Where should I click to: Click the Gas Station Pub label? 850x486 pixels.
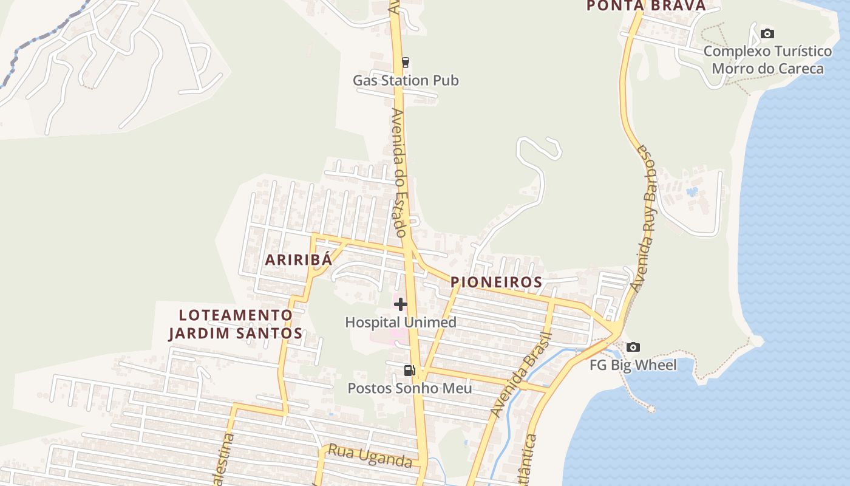406,80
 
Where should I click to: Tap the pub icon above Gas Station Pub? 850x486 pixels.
405,62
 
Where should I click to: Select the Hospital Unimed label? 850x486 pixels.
401,322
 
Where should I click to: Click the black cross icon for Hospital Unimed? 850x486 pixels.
401,304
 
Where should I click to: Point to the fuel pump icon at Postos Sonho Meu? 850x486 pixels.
410,370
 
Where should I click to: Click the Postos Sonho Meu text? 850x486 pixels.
409,388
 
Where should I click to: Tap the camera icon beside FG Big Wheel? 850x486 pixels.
633,347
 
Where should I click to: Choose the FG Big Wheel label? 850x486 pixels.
633,365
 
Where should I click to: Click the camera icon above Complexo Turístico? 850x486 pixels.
767,33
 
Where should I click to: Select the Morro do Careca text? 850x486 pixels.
767,68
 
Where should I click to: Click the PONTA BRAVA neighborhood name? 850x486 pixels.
646,6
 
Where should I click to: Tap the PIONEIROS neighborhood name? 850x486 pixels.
496,282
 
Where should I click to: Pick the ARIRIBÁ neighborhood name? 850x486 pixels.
299,259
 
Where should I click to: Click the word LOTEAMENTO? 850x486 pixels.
236,315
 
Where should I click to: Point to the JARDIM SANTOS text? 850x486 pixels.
236,333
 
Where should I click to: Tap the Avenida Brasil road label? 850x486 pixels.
522,375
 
